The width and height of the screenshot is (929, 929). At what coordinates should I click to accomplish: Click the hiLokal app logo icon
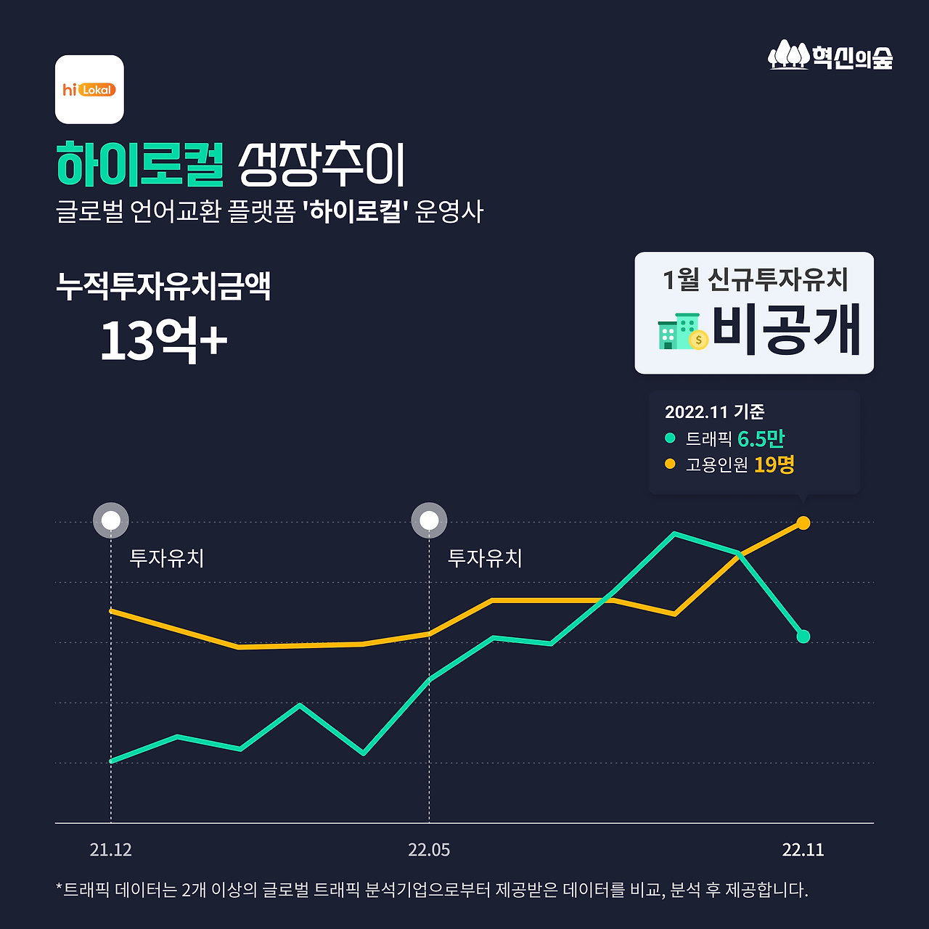89,89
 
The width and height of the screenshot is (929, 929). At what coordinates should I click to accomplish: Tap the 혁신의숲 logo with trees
830,56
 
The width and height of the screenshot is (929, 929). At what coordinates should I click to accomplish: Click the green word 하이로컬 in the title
140,165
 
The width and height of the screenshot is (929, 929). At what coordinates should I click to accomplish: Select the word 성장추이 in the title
322,165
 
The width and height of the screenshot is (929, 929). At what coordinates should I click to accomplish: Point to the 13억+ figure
163,340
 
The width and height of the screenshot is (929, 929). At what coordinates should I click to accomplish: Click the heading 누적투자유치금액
163,286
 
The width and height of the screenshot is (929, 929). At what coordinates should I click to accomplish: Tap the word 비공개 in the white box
786,330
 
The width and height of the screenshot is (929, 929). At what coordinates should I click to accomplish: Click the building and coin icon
682,332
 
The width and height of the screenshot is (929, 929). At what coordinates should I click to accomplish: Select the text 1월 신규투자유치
755,279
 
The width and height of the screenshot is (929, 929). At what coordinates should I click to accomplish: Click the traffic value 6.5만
761,438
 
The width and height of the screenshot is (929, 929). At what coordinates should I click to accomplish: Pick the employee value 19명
774,464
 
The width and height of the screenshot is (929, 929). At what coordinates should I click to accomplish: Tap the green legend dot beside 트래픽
670,438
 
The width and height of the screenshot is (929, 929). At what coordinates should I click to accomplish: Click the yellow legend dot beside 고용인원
670,464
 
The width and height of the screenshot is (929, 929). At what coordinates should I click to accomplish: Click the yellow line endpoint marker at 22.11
803,523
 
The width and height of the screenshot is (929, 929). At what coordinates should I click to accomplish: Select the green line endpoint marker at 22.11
803,637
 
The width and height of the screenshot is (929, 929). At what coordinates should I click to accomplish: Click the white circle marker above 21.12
111,520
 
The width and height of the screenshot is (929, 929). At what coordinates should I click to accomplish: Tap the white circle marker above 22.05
429,520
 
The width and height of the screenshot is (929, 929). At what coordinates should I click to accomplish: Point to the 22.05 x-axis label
429,850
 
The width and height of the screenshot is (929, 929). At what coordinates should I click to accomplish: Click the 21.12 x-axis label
111,850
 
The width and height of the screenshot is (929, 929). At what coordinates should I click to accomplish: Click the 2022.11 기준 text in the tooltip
714,412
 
